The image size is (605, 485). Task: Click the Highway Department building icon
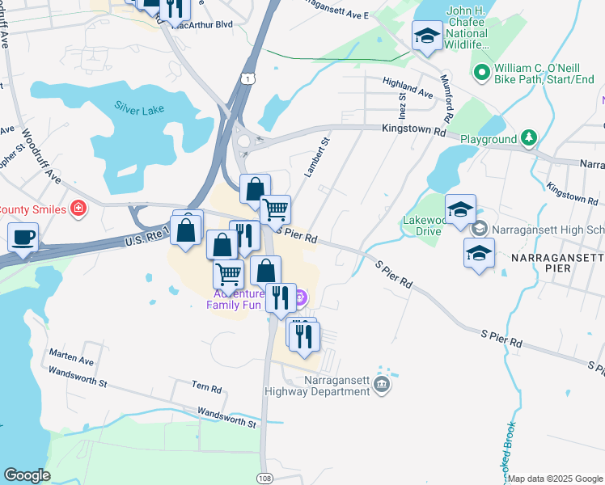pos(382,387)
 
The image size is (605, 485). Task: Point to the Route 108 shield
pos(264,479)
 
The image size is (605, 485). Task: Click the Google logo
pos(27,475)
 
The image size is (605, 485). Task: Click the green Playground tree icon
pos(529,138)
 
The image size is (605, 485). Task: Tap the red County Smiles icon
pos(78,209)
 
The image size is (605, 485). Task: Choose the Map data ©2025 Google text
pos(554,479)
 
